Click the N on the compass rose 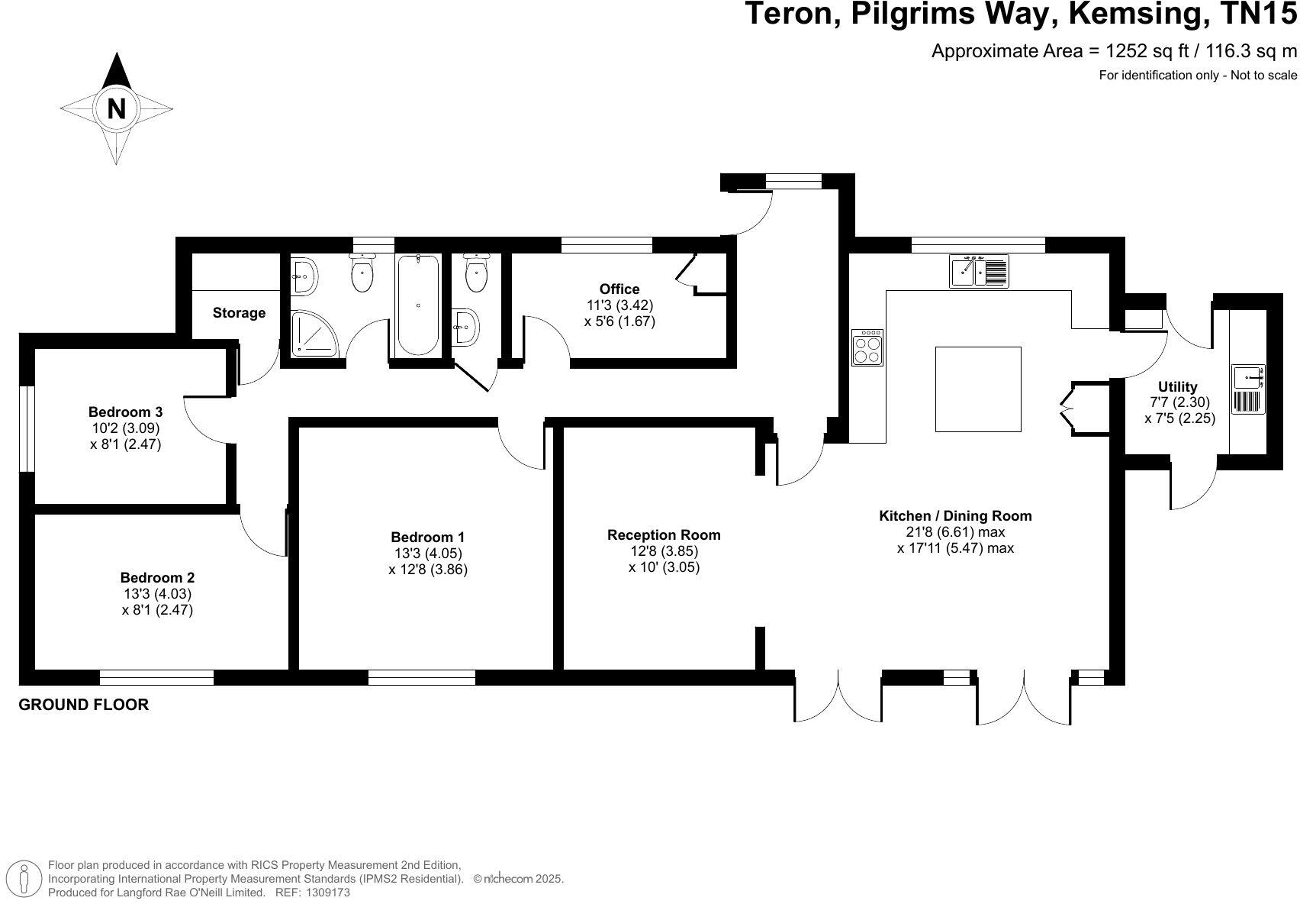[116, 109]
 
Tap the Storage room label [239, 313]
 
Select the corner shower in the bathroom [313, 333]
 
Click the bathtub [418, 305]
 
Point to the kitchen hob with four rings [867, 347]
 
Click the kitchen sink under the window [979, 271]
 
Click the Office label [619, 289]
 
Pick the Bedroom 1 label [427, 537]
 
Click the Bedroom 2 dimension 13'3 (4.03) [156, 594]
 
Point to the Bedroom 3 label [125, 412]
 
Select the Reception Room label [664, 534]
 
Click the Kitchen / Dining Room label [955, 516]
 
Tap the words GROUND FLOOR [83, 705]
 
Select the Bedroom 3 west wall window [27, 428]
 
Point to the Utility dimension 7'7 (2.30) [1179, 402]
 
